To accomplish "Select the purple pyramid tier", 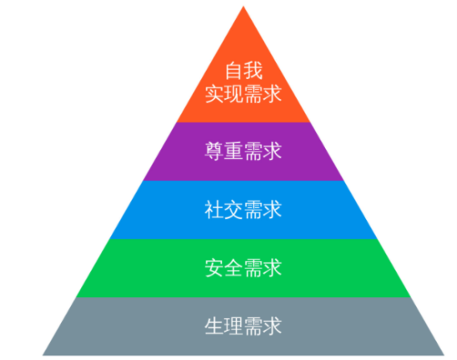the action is coord(243,151).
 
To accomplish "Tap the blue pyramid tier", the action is coord(243,210).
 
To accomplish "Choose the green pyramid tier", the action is coord(243,268).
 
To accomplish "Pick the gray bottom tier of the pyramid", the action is coord(243,327).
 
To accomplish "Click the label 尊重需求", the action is coord(243,151).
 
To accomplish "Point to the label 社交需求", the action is coord(243,209).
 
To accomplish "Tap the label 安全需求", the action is coord(243,268).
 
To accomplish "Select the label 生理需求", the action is coord(243,326).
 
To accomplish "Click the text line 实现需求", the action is coord(243,94).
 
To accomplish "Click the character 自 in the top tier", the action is coord(234,70).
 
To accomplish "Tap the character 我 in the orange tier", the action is coord(253,70).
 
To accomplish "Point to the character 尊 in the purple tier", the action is coord(214,151).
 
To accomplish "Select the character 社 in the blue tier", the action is coord(214,209).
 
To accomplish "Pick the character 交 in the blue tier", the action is coord(233,209).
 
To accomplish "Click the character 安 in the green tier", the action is coord(214,268).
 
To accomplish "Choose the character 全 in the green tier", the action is coord(233,268).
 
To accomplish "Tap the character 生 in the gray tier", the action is coord(214,326).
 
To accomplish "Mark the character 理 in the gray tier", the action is coord(233,326).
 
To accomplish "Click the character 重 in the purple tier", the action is coord(233,151).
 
